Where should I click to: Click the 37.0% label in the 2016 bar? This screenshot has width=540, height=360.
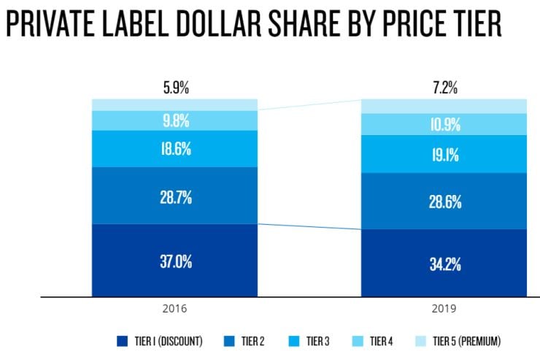pyautogui.click(x=175, y=261)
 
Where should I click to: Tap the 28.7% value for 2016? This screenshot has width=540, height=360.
pyautogui.click(x=175, y=196)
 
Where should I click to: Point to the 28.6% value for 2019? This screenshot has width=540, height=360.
pyautogui.click(x=444, y=202)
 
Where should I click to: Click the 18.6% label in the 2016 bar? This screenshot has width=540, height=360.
pyautogui.click(x=175, y=149)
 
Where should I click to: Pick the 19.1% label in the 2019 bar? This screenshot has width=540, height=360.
pyautogui.click(x=444, y=154)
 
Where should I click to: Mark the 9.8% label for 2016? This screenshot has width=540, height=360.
pyautogui.click(x=175, y=120)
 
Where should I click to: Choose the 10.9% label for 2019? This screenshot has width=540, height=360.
pyautogui.click(x=444, y=124)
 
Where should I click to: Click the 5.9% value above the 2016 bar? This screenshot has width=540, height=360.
pyautogui.click(x=175, y=88)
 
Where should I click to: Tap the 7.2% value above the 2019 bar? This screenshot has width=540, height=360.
pyautogui.click(x=444, y=88)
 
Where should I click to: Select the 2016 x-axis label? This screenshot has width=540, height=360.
pyautogui.click(x=175, y=309)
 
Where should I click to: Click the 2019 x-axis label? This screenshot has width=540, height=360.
pyautogui.click(x=444, y=309)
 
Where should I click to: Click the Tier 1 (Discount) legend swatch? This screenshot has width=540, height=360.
pyautogui.click(x=123, y=341)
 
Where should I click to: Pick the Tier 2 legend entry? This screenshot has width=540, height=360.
pyautogui.click(x=246, y=341)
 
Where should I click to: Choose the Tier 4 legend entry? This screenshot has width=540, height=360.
pyautogui.click(x=382, y=341)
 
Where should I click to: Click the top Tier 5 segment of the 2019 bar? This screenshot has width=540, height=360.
pyautogui.click(x=444, y=106)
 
